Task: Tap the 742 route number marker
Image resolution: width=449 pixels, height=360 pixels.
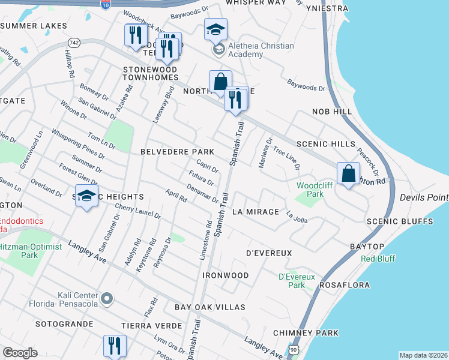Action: coord(74,42)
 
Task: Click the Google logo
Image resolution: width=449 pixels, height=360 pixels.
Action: coord(20,353)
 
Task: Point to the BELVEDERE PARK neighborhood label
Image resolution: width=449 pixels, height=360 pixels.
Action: coord(177,152)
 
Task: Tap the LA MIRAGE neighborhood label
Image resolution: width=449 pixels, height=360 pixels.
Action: coord(256,212)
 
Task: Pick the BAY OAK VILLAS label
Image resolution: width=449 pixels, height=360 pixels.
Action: coord(210,307)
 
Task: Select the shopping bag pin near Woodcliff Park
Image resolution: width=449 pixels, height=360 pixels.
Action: coord(348,173)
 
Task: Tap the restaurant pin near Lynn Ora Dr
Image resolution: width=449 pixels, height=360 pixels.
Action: coord(114,346)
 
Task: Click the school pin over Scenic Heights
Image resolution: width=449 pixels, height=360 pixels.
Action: coord(87,196)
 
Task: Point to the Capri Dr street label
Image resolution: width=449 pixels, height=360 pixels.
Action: coord(207,166)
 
